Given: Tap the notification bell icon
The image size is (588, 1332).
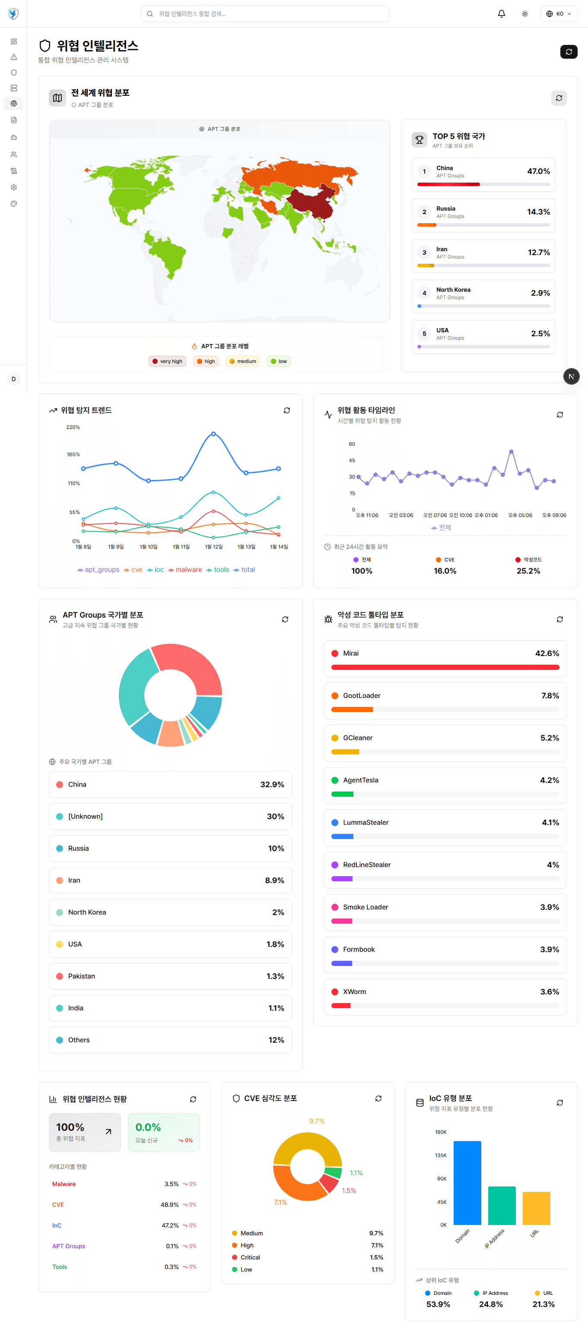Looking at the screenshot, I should coord(501,14).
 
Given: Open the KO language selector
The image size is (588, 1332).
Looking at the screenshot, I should coord(559,14).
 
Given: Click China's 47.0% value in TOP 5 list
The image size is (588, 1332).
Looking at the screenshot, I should coord(538,171).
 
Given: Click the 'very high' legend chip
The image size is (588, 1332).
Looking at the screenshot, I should coord(167,361).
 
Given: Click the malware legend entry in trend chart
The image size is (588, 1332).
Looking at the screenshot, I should coord(185,570).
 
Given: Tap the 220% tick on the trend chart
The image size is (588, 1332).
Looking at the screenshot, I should coord(73,427).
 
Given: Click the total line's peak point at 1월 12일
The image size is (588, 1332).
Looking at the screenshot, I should coord(213,434).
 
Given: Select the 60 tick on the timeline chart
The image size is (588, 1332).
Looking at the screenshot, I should coord(352,444).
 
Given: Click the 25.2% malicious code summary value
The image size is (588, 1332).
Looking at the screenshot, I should coord(528,571).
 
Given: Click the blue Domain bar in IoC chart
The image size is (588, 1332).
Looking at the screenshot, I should coord(467,1183).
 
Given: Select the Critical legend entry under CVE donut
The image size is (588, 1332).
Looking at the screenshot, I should coord(250,1257).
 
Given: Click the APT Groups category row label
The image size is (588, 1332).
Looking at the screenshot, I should coord(69,1246).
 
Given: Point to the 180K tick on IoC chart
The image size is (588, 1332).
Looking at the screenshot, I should coord(441,1132).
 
